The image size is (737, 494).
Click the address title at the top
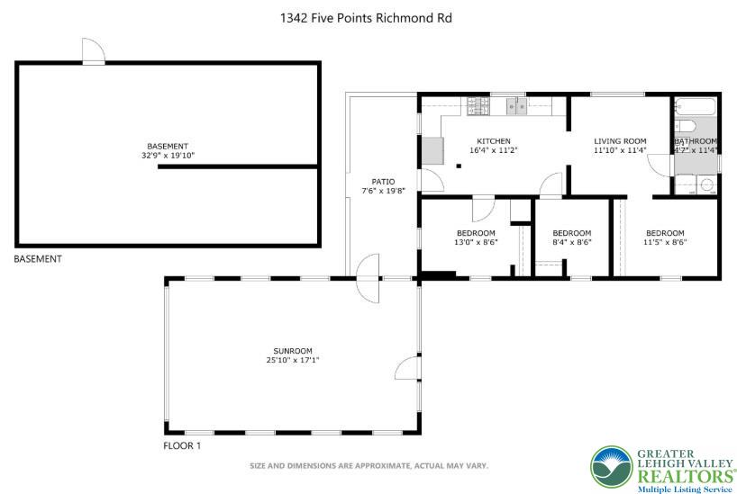pos(366,17)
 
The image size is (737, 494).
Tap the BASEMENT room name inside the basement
pos(168,146)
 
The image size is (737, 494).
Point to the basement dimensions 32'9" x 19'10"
pos(168,156)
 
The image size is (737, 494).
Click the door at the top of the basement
pos(93,52)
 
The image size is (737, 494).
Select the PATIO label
pos(378,181)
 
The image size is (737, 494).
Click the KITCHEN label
pos(494,141)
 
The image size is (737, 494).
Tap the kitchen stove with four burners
pos(476,107)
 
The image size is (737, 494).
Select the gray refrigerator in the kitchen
pos(433,149)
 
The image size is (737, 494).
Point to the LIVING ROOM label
pos(620,141)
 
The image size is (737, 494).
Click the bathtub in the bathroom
pos(695,108)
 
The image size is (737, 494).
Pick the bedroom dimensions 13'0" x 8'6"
pos(476,242)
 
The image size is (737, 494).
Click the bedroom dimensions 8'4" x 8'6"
pos(571,242)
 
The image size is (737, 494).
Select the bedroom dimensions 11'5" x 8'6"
pos(665,242)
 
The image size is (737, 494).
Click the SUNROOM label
pos(293,350)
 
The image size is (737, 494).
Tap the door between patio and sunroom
pos(368,277)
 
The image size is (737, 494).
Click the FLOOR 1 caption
pos(182,445)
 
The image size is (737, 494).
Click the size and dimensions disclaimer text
pos(368,466)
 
